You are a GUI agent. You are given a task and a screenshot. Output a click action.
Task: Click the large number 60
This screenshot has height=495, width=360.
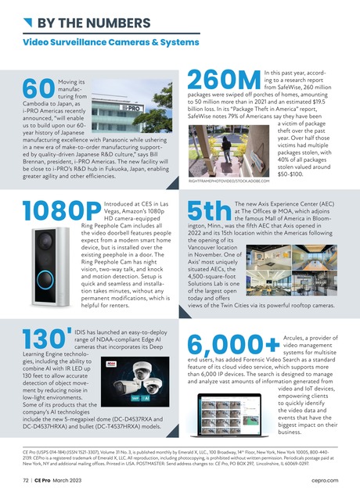coord(35,88)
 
